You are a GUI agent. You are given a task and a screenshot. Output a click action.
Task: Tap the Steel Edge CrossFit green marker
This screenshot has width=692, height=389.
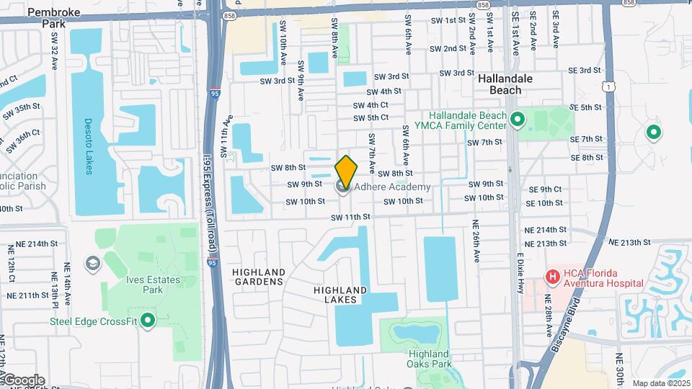[x=148, y=321]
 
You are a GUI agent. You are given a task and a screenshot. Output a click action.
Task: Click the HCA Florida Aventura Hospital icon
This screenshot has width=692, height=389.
[x=552, y=277]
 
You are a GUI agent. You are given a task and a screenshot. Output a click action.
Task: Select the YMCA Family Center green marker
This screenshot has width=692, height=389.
[x=516, y=120]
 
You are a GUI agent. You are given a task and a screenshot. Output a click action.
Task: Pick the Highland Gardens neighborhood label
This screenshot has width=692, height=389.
[x=259, y=277]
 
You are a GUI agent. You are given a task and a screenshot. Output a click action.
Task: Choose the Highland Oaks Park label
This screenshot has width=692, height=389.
[x=429, y=359]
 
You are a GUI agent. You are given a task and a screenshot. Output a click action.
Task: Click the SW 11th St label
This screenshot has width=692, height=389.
[x=350, y=217]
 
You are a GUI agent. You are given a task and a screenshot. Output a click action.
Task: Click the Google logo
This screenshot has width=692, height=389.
[x=23, y=380]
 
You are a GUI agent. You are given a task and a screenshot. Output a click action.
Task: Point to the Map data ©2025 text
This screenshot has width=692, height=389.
[x=660, y=383]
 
